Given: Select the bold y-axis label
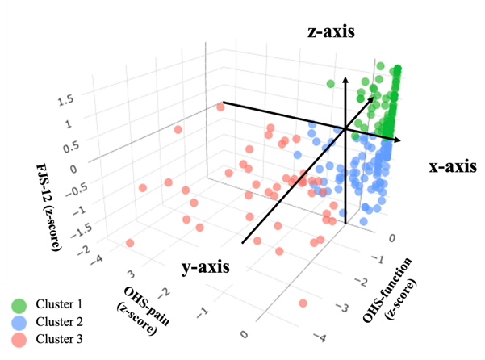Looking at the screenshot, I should pyautogui.click(x=201, y=266).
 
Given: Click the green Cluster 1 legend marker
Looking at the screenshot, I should pyautogui.click(x=19, y=305).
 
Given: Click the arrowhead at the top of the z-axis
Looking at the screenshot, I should pyautogui.click(x=345, y=78).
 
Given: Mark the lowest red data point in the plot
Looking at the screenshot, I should pyautogui.click(x=304, y=303).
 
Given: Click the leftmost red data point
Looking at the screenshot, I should pyautogui.click(x=129, y=243).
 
